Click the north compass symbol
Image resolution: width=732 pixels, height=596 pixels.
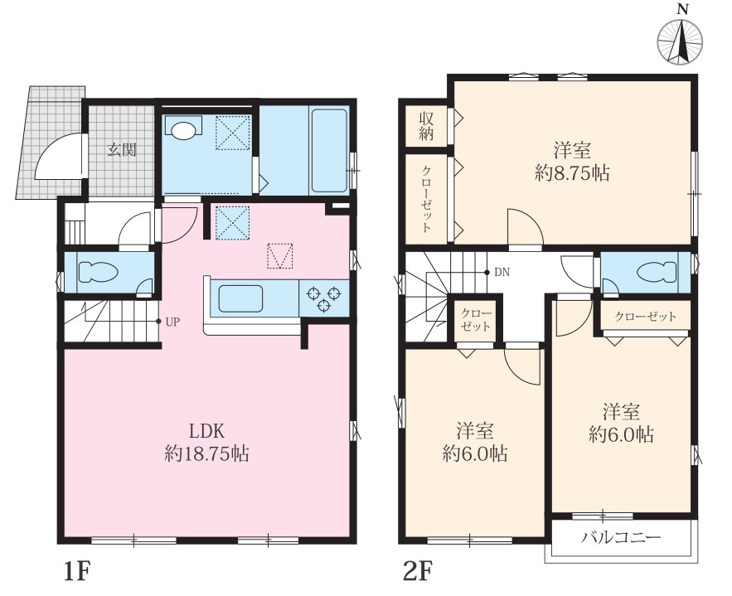680,41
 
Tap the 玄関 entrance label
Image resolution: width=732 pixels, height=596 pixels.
122,150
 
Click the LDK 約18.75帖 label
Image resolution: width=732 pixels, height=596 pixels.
206,442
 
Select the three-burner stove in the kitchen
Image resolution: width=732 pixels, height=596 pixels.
323,298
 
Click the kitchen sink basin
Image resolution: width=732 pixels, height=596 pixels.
240,298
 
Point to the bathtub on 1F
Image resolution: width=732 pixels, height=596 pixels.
329,150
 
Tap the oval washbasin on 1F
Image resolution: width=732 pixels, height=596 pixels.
182,130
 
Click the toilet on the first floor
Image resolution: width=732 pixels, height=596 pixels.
98,273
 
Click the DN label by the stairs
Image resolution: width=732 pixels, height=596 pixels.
502,272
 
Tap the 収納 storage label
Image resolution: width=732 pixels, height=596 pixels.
426,125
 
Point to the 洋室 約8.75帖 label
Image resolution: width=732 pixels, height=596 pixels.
572,162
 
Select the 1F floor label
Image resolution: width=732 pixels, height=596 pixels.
76,571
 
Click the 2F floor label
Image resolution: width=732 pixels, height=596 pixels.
418,571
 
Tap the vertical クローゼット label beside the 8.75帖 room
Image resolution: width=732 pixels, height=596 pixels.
426,199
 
